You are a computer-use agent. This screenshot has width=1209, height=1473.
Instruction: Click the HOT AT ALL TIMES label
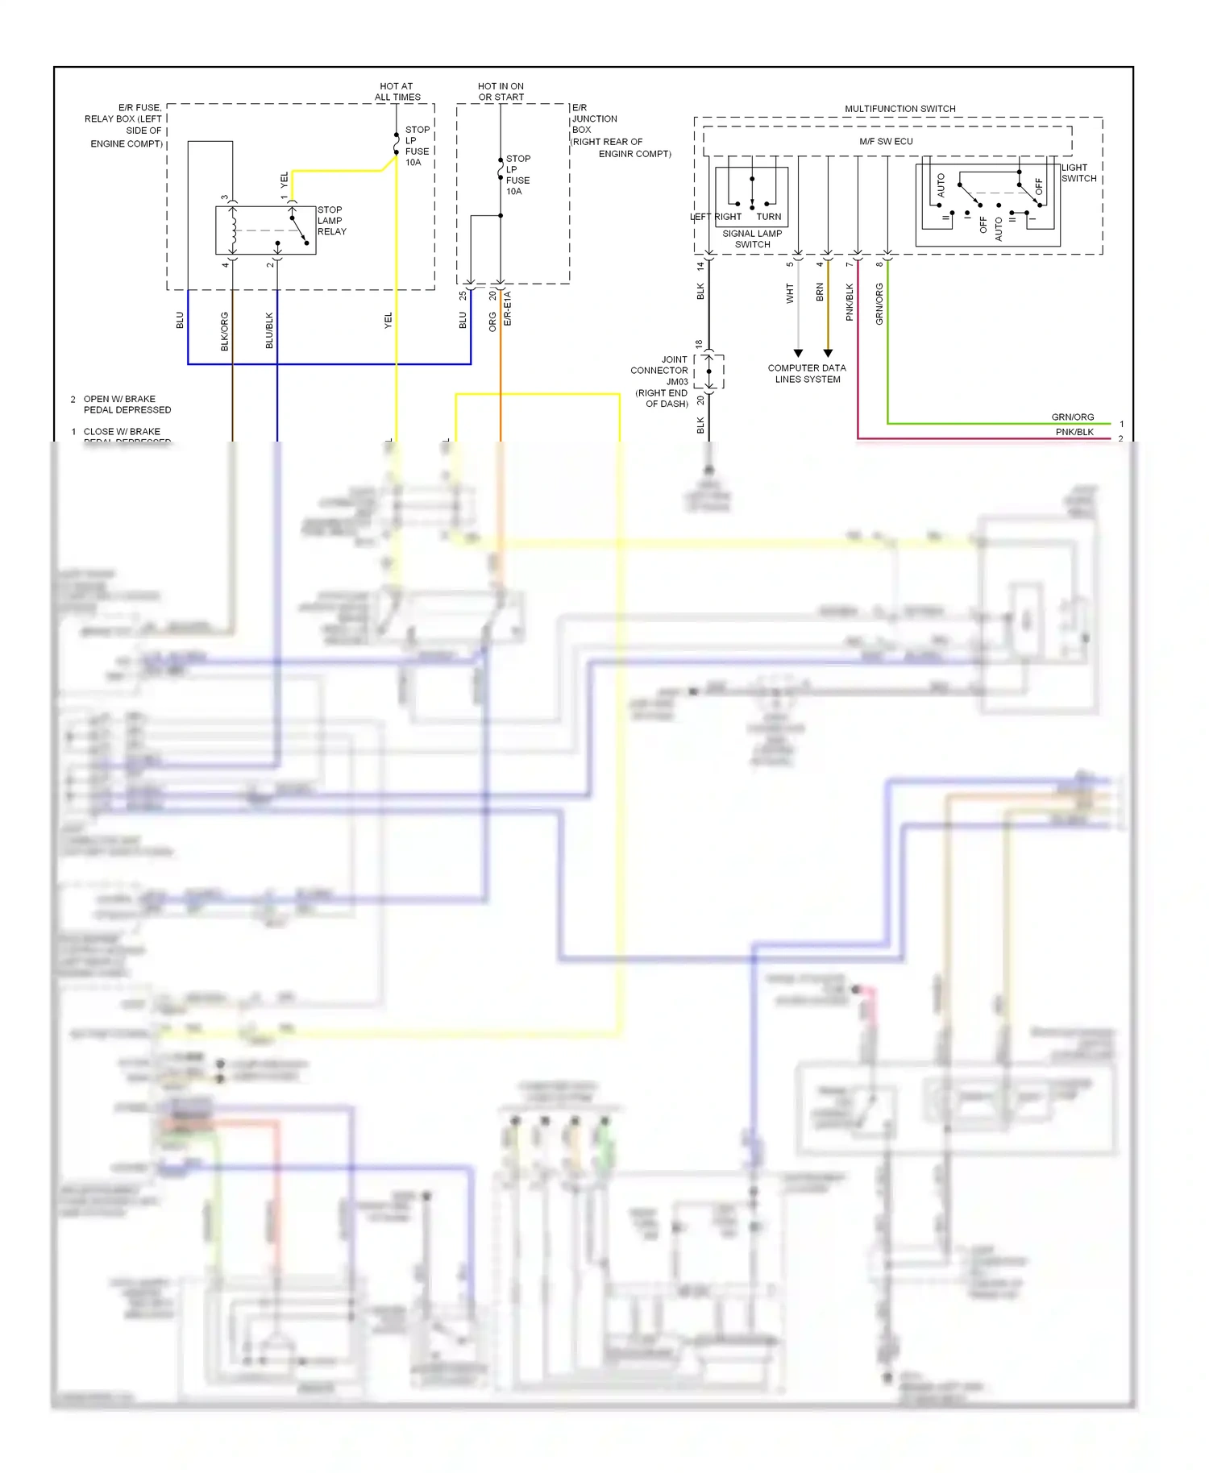[397, 92]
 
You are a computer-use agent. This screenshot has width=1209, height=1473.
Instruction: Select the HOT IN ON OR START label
[501, 92]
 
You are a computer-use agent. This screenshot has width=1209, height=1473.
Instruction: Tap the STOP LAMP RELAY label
[331, 221]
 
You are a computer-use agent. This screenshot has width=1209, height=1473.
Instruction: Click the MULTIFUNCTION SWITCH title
[899, 109]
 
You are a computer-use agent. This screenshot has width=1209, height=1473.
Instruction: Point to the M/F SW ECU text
[886, 142]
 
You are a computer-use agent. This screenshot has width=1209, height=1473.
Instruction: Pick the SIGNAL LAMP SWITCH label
[752, 239]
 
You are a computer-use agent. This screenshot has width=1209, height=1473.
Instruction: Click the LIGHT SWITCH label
[1078, 173]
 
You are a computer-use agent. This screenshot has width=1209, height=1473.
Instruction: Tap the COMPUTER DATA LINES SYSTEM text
[807, 374]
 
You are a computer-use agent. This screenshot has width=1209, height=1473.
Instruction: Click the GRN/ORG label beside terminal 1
[1072, 417]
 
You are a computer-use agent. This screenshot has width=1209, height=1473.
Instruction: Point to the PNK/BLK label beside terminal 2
[1074, 433]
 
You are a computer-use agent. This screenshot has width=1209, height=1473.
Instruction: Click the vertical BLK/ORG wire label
[225, 331]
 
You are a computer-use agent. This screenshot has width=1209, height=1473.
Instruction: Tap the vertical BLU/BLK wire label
[269, 330]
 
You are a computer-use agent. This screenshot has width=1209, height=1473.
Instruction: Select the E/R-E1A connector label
[508, 309]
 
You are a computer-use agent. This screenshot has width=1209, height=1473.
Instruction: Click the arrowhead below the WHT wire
[798, 353]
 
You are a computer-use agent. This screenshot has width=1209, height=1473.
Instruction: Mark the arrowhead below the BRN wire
[828, 353]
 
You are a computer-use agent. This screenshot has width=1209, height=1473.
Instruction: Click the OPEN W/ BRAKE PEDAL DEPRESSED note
[127, 405]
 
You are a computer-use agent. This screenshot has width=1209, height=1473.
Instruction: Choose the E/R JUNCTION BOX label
[606, 130]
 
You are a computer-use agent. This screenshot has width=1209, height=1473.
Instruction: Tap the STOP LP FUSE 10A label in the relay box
[417, 146]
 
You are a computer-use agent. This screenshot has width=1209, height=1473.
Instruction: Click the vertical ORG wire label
[492, 322]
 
